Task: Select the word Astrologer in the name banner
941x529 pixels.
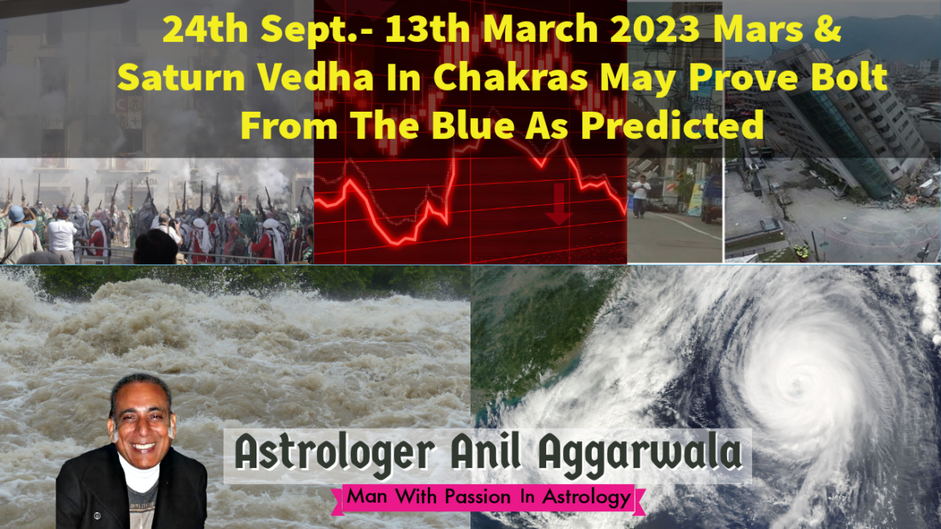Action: [x=335, y=453]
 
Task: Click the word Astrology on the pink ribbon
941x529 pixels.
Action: [x=586, y=498]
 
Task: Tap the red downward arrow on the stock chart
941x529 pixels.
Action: [x=558, y=204]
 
